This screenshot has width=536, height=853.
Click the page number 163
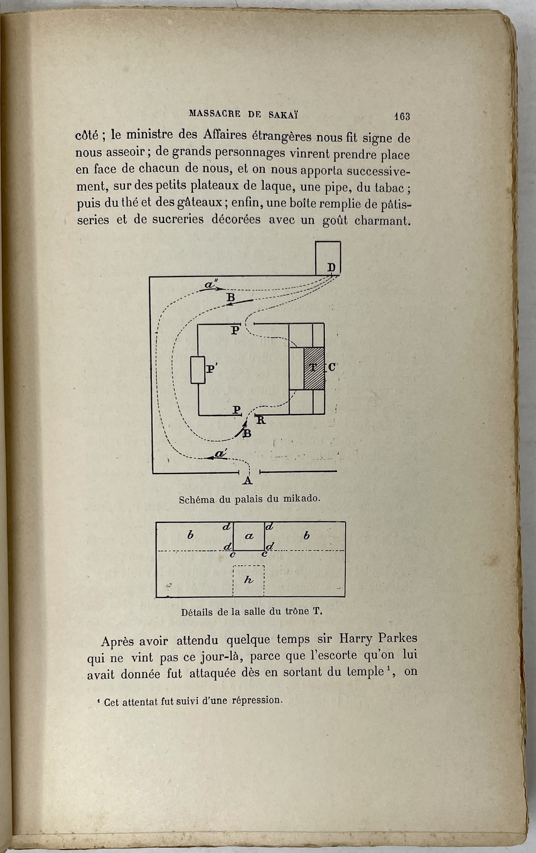[401, 116]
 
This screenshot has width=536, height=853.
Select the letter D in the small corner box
[331, 267]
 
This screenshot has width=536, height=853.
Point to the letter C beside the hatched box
[332, 368]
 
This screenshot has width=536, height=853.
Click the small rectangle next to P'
[198, 370]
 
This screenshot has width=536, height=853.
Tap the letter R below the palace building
[261, 421]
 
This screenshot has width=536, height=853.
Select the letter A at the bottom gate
[248, 480]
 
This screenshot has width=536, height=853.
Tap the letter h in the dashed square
[248, 580]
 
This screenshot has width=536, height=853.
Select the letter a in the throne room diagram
[249, 536]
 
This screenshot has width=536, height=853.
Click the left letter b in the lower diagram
[190, 535]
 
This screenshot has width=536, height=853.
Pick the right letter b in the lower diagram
[307, 535]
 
